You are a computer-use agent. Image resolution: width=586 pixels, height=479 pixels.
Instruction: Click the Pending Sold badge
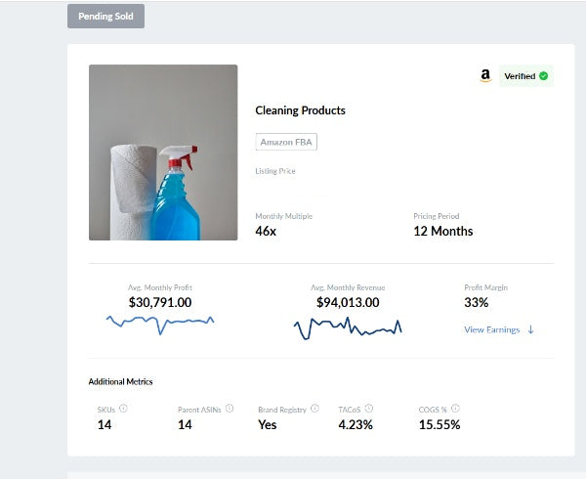click(x=105, y=16)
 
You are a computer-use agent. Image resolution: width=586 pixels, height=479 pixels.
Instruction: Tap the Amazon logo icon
click(x=485, y=75)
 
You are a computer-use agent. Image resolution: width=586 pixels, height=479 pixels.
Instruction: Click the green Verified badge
click(x=525, y=75)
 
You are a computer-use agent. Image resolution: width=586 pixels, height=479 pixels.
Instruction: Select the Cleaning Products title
click(x=300, y=110)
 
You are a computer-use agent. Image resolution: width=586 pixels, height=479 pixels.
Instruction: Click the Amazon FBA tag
click(x=286, y=142)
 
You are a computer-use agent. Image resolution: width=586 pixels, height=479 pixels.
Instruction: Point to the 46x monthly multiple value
click(x=266, y=232)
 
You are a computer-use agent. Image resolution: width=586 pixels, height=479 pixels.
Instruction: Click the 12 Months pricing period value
click(x=443, y=232)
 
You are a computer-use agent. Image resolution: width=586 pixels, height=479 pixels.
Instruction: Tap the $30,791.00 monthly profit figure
click(x=160, y=303)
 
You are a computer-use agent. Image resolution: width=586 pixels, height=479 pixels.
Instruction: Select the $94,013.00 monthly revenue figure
click(x=348, y=303)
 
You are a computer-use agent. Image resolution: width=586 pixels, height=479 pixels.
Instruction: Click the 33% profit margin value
click(x=476, y=303)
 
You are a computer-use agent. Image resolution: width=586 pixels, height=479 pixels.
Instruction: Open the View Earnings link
click(x=498, y=329)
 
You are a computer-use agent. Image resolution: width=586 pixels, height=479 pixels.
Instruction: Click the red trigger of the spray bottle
click(x=185, y=153)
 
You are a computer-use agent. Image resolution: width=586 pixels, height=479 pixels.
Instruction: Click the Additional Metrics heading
click(x=120, y=381)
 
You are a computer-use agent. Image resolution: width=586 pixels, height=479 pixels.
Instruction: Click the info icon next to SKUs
click(x=124, y=409)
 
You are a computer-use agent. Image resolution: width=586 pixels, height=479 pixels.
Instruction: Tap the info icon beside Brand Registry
click(x=314, y=409)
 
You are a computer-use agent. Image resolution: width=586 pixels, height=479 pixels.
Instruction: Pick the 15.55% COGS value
click(x=439, y=425)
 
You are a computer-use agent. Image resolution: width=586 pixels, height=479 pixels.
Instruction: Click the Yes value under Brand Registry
click(x=267, y=425)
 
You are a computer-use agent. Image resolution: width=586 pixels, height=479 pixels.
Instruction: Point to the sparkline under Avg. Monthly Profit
click(x=160, y=322)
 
